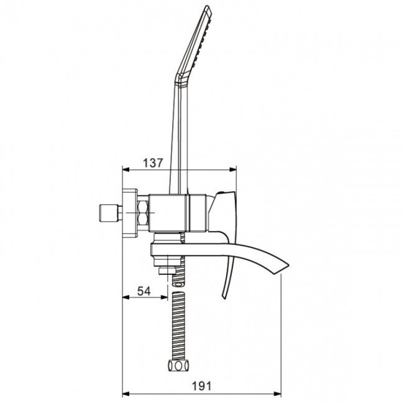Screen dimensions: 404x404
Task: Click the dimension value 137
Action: click(153, 163)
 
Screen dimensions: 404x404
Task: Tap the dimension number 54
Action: click(144, 291)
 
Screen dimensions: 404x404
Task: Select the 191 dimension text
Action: click(201, 386)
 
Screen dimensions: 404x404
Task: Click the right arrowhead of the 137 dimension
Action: click(233, 170)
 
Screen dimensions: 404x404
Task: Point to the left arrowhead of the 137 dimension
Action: click(126, 170)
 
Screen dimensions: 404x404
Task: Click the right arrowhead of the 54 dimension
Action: click(164, 297)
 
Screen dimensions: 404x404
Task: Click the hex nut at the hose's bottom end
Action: click(178, 365)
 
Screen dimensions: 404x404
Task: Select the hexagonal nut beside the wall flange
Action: click(144, 213)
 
